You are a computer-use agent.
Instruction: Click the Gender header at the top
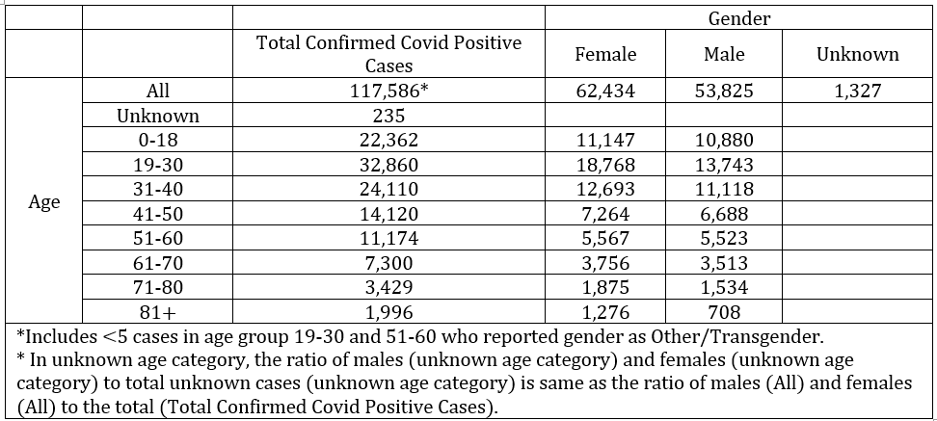[x=739, y=18]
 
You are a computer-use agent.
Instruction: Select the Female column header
[x=605, y=54]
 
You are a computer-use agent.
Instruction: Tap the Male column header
[x=724, y=54]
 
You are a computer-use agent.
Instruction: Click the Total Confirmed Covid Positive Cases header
[x=388, y=54]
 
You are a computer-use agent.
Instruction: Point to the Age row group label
[x=44, y=202]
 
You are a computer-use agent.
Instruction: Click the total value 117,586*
[x=388, y=91]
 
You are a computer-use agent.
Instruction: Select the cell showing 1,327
[x=858, y=91]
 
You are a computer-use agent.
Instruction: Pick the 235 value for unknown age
[x=388, y=116]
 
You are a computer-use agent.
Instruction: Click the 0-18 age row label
[x=158, y=140]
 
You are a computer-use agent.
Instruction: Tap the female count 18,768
[x=605, y=164]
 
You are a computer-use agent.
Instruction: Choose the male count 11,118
[x=724, y=189]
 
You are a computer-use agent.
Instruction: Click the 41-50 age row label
[x=158, y=214]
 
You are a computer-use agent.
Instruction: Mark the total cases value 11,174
[x=388, y=238]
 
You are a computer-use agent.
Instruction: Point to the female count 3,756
[x=605, y=263]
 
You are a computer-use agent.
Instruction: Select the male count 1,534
[x=724, y=287]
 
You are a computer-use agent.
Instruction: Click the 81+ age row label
[x=158, y=312]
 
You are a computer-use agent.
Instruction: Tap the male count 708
[x=724, y=312]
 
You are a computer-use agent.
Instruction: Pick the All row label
[x=158, y=91]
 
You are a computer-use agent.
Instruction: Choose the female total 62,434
[x=605, y=91]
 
